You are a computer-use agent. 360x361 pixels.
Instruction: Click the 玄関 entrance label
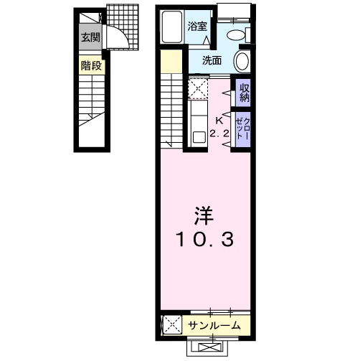click(90, 37)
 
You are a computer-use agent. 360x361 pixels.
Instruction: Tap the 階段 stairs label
click(91, 65)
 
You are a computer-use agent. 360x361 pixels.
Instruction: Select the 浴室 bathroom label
click(197, 26)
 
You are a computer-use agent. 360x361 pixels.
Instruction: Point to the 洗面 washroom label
click(212, 60)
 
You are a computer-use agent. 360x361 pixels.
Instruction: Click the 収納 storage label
click(245, 93)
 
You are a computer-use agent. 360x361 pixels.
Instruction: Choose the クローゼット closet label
click(243, 128)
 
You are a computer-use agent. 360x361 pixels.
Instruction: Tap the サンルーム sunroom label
click(214, 325)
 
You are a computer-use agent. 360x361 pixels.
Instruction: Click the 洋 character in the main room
click(204, 215)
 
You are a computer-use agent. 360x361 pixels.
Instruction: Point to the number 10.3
click(204, 240)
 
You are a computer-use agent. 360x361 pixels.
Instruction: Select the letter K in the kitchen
click(219, 121)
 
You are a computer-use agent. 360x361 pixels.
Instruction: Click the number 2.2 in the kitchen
click(219, 133)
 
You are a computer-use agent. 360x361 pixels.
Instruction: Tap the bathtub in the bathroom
click(172, 27)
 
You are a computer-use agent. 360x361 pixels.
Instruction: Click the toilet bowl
click(236, 35)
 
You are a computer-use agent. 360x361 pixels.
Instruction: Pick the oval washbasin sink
click(242, 61)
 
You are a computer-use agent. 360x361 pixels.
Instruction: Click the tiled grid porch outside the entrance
click(123, 27)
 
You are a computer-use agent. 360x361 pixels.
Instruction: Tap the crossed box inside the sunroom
click(172, 325)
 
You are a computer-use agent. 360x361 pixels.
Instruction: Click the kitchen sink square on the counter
click(199, 137)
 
